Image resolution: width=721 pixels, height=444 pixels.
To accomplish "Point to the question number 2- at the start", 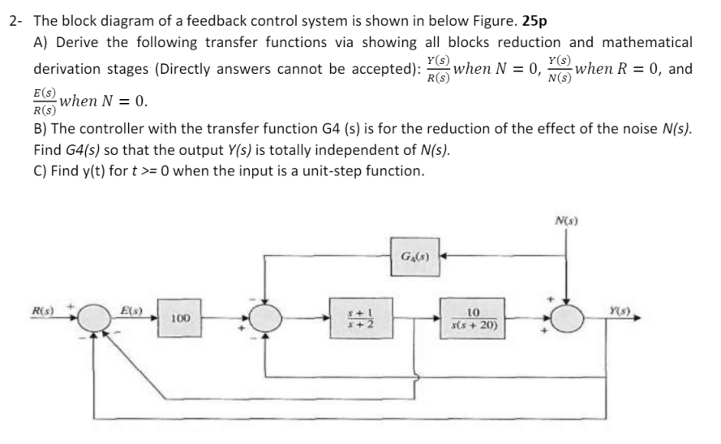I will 15,22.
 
